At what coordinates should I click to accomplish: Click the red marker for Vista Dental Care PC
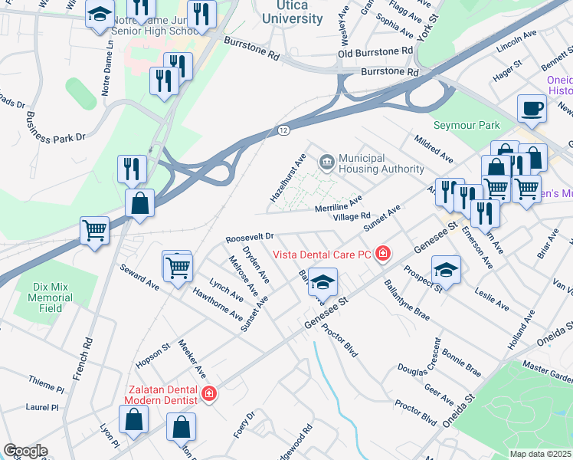(x=381, y=254)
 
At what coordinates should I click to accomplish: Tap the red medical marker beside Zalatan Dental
(x=208, y=394)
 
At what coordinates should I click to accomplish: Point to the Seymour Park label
(x=466, y=125)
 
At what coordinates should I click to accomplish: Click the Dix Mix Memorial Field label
(x=52, y=297)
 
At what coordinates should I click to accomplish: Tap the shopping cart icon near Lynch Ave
(x=178, y=268)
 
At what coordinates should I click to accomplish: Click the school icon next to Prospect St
(x=446, y=269)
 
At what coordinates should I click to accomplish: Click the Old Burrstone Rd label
(x=375, y=53)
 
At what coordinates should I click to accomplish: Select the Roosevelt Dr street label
(x=249, y=238)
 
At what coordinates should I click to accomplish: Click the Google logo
(x=25, y=451)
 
